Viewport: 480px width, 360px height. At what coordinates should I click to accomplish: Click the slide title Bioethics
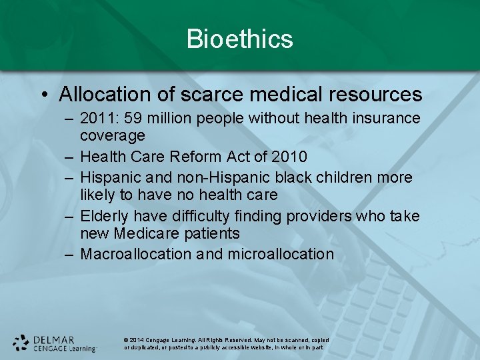coord(240,39)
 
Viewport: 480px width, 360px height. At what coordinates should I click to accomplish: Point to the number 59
coord(131,119)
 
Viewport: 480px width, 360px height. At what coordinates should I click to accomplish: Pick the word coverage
coord(112,135)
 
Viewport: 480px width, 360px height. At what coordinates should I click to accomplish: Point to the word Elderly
coord(105,217)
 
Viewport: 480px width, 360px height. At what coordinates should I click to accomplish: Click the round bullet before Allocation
coord(44,95)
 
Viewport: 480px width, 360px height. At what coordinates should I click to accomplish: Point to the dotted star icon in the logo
coord(21,343)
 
